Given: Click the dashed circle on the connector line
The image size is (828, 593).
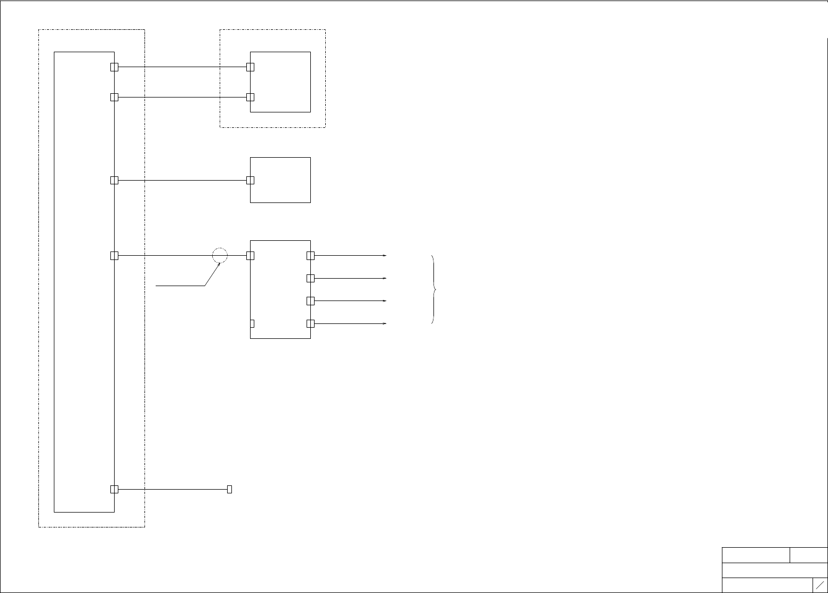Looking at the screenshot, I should [220, 256].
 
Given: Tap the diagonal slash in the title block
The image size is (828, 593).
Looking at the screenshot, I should [820, 584].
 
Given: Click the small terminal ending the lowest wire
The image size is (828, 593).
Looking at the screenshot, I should [229, 489].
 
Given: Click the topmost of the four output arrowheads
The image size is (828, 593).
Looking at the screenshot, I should [384, 256].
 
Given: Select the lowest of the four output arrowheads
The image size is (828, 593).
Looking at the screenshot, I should [384, 323].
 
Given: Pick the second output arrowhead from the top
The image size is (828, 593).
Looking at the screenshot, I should [384, 278].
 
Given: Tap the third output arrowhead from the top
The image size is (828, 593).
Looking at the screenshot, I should [384, 301].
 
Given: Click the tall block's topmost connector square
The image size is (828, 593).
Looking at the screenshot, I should [114, 67].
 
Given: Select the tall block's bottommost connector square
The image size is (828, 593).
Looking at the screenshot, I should [114, 489].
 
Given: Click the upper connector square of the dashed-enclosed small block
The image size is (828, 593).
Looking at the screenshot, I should [250, 67].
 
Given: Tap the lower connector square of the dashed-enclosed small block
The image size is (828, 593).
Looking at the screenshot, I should [250, 97].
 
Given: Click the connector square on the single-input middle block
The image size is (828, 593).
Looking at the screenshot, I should [250, 180].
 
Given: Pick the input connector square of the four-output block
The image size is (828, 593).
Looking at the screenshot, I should [250, 256].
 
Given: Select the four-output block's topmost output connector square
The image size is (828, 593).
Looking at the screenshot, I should [311, 256].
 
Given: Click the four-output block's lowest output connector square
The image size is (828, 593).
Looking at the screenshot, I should [311, 323].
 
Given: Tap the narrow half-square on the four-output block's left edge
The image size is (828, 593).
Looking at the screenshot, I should [252, 323].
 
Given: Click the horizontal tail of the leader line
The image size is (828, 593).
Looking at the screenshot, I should [180, 286].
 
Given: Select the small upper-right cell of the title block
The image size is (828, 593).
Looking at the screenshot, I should [808, 555].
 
